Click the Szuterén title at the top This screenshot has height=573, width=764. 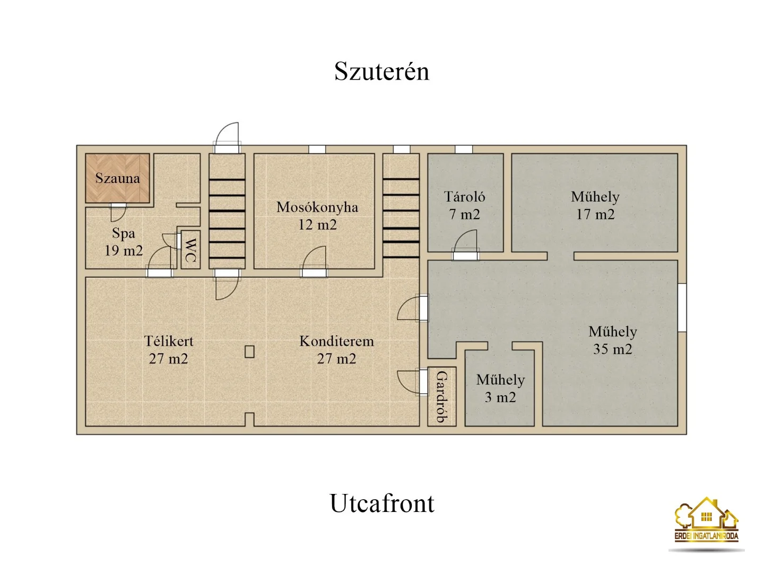(381, 72)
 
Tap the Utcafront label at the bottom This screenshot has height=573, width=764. (382, 503)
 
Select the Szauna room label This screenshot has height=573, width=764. (118, 178)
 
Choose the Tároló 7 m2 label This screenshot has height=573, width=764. (464, 206)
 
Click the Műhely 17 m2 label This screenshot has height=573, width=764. (595, 206)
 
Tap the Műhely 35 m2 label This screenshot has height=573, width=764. (613, 340)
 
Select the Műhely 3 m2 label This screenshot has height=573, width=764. (500, 388)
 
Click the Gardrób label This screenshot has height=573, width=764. (442, 397)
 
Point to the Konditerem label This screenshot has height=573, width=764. (336, 341)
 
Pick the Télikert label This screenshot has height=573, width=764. (169, 341)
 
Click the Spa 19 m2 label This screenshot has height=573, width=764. (124, 242)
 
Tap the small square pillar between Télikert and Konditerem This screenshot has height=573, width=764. (249, 351)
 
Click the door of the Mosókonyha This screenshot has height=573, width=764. (314, 262)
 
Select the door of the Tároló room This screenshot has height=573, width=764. (465, 245)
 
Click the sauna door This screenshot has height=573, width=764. (118, 212)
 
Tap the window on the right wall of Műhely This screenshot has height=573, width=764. (682, 308)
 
